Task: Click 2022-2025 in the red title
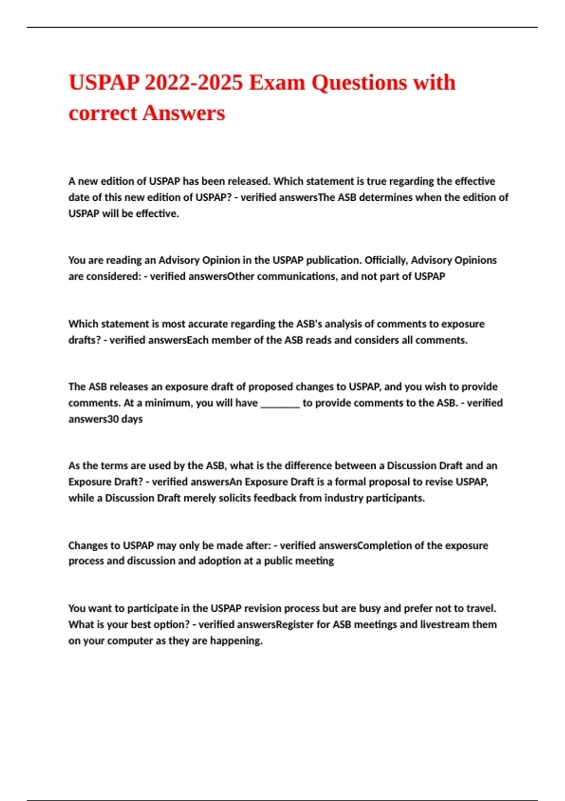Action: click(x=194, y=83)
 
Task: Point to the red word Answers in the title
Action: click(x=184, y=113)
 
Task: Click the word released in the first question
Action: click(x=249, y=181)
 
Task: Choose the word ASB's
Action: click(x=309, y=324)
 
